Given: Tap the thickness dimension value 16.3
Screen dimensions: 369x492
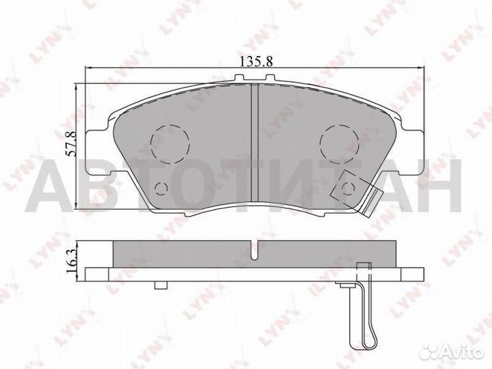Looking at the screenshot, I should [x=70, y=261].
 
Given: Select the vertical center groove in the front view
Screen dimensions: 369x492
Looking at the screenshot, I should [x=252, y=143].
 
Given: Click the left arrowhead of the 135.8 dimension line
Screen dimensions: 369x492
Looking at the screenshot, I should [x=87, y=68].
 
